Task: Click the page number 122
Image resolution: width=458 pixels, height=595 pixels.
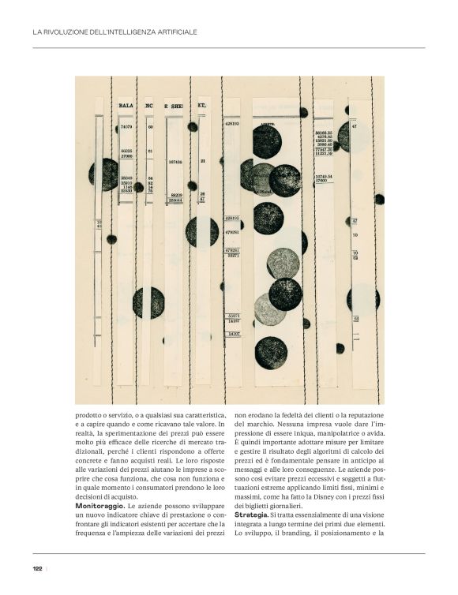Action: (x=37, y=568)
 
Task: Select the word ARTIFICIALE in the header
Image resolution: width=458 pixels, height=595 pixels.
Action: (x=175, y=32)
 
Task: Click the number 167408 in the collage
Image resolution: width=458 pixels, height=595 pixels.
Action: (x=175, y=162)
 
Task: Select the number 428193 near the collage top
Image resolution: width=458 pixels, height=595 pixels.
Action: (x=232, y=124)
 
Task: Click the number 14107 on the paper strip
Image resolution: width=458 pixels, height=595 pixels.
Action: (x=233, y=335)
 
